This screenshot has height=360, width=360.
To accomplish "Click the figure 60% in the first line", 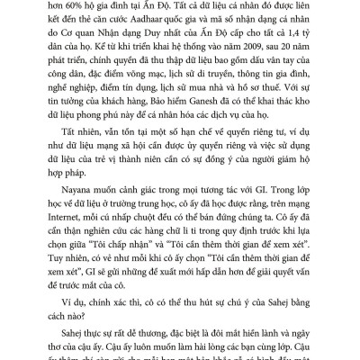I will pos(71,7).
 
